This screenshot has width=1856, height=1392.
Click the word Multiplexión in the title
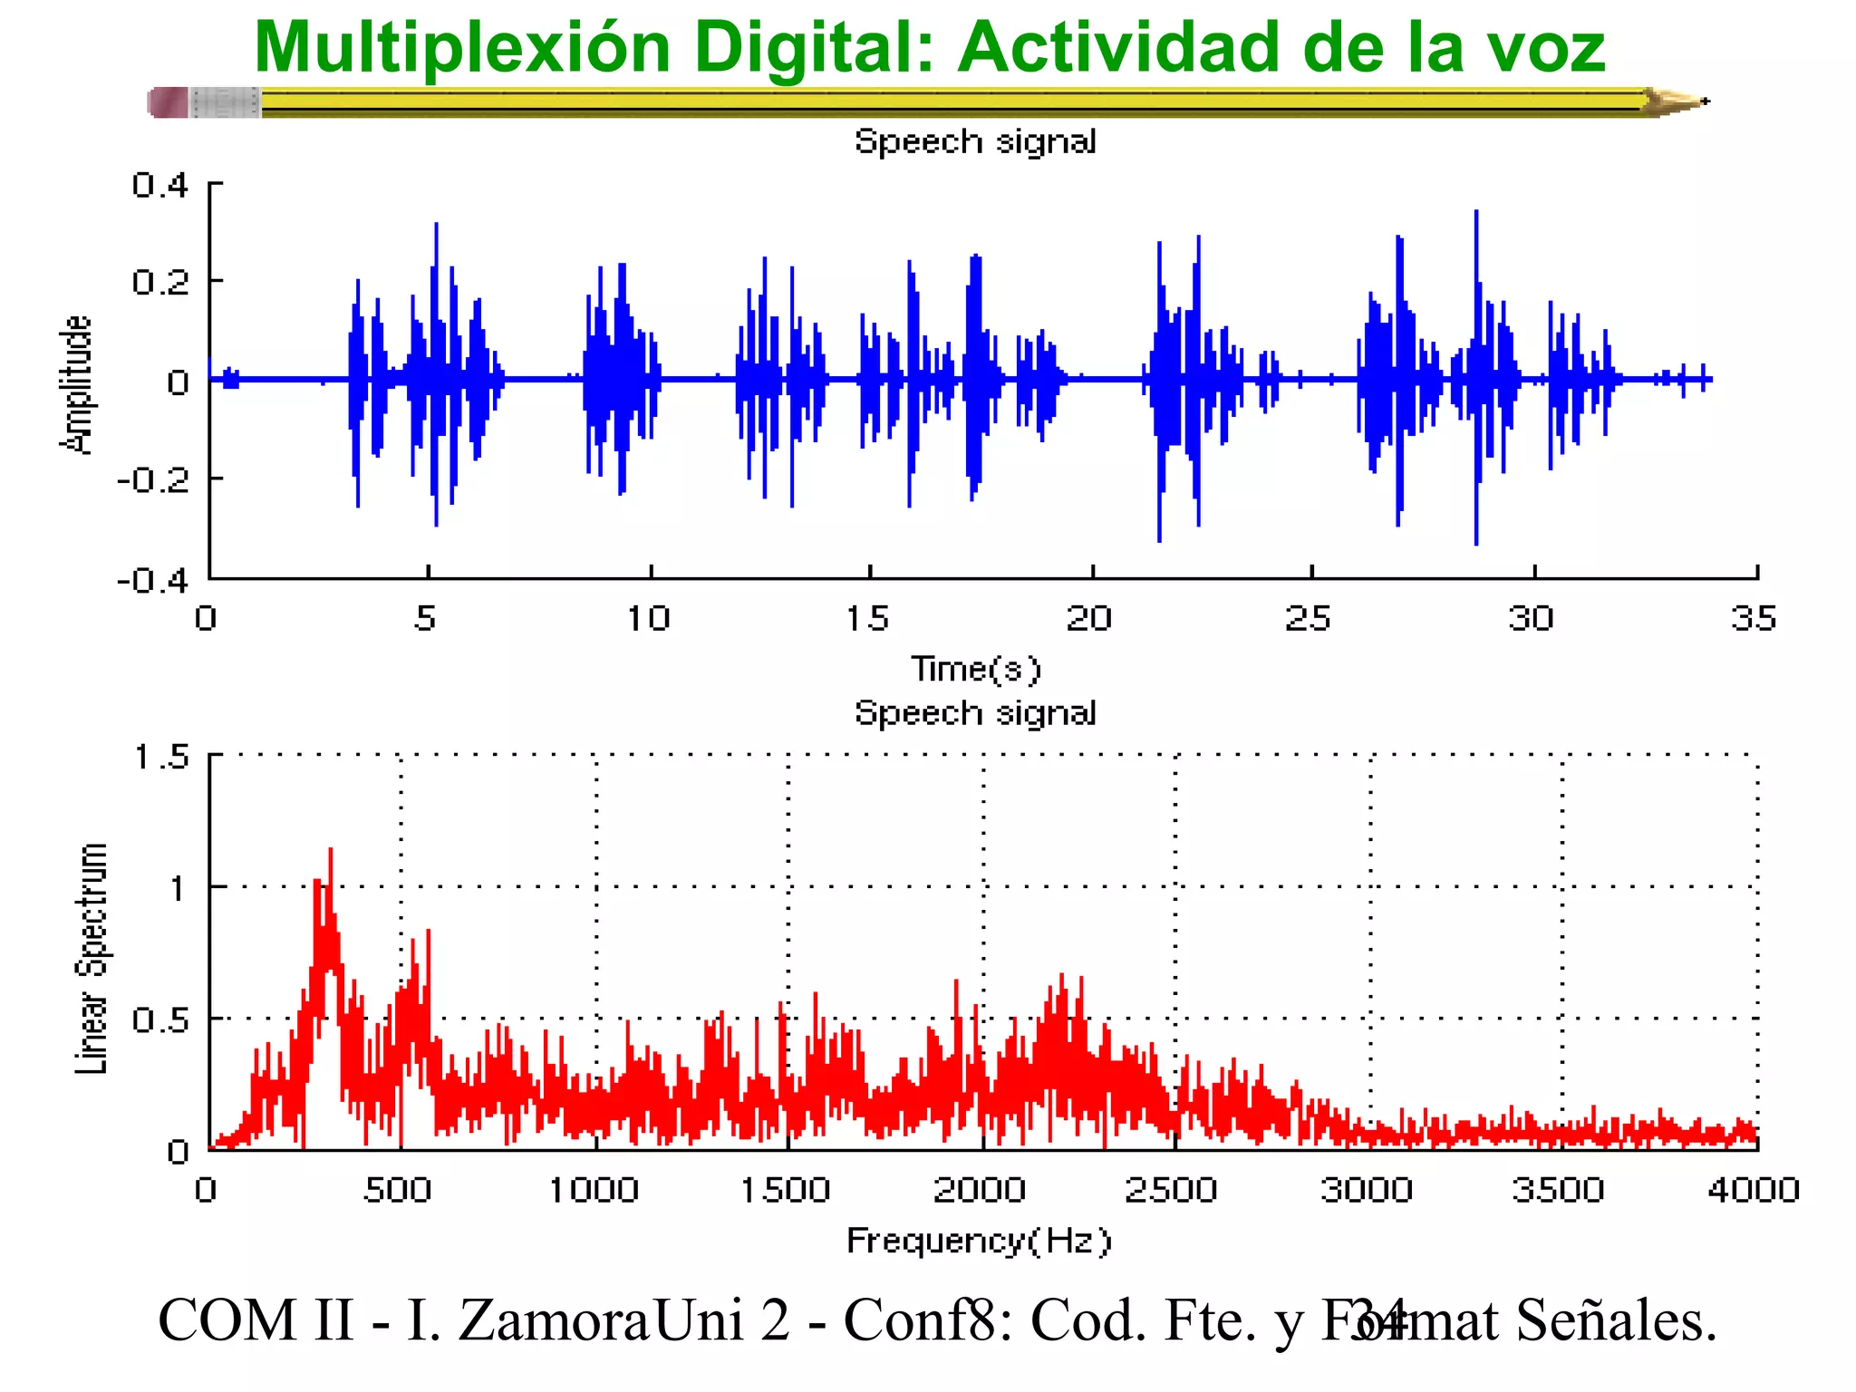pyautogui.click(x=462, y=47)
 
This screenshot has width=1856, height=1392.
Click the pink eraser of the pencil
pyautogui.click(x=169, y=102)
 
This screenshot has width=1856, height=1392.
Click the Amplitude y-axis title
pyautogui.click(x=76, y=384)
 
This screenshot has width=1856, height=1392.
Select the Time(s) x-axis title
pyautogui.click(x=976, y=669)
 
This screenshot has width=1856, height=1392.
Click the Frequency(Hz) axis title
pyautogui.click(x=978, y=1240)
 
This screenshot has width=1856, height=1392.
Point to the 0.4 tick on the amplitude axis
pyautogui.click(x=159, y=185)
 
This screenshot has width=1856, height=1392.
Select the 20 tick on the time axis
pyautogui.click(x=1088, y=618)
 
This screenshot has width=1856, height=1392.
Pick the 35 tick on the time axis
pyautogui.click(x=1753, y=618)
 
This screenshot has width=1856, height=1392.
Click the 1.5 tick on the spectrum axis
pyautogui.click(x=161, y=756)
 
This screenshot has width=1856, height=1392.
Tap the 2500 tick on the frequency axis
pyautogui.click(x=1170, y=1189)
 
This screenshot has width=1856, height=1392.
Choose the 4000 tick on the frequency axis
pyautogui.click(x=1753, y=1189)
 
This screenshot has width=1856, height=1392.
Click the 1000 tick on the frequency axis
pyautogui.click(x=594, y=1189)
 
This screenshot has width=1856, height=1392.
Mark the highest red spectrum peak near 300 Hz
pyautogui.click(x=330, y=852)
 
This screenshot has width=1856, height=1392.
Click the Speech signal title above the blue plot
pyautogui.click(x=976, y=141)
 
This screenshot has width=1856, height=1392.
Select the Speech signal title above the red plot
pyautogui.click(x=976, y=712)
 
